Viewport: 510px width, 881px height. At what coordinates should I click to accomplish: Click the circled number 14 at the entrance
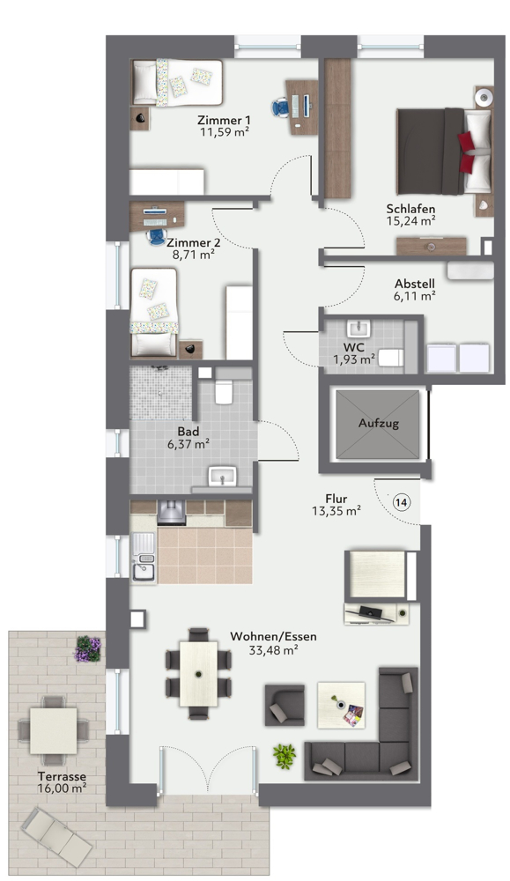click(402, 502)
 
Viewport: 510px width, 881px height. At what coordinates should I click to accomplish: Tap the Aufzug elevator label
click(379, 424)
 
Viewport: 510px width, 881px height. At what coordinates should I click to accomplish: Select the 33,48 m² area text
click(273, 650)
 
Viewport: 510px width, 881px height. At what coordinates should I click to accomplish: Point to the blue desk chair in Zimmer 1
click(280, 107)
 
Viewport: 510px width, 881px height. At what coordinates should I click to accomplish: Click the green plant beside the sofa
click(284, 755)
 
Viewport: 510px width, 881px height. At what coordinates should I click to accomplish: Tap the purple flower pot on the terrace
click(87, 648)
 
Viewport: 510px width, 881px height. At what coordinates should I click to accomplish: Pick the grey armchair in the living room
click(285, 705)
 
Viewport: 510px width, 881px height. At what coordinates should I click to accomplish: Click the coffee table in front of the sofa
click(341, 706)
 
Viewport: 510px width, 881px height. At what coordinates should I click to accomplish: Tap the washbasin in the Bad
click(221, 478)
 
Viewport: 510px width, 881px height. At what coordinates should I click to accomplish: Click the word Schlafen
click(410, 209)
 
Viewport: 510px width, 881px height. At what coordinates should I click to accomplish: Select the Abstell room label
click(414, 284)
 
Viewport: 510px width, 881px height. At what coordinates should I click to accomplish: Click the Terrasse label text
click(62, 777)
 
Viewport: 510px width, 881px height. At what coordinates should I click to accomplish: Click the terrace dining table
click(53, 729)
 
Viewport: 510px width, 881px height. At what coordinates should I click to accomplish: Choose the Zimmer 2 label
click(194, 242)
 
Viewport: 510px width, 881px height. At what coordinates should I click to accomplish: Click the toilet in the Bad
click(224, 390)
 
